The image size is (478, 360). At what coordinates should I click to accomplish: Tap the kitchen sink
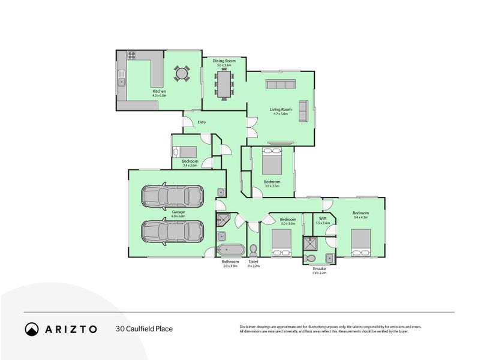(x=122, y=80)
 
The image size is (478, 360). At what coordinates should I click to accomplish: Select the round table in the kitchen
(x=181, y=74)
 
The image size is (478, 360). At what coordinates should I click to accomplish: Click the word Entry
(x=201, y=122)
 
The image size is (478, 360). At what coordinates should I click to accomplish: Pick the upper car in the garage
(x=172, y=195)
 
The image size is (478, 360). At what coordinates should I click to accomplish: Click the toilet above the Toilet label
(x=253, y=250)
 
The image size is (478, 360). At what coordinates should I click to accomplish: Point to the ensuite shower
(x=311, y=243)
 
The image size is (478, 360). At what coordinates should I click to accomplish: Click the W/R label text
(x=323, y=218)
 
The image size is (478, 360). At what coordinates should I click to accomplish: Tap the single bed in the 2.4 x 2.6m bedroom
(x=190, y=151)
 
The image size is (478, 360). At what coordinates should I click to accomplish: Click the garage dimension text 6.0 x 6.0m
(x=178, y=216)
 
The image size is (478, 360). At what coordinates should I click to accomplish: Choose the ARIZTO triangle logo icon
(x=32, y=329)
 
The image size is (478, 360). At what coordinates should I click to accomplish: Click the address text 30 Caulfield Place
(x=144, y=329)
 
